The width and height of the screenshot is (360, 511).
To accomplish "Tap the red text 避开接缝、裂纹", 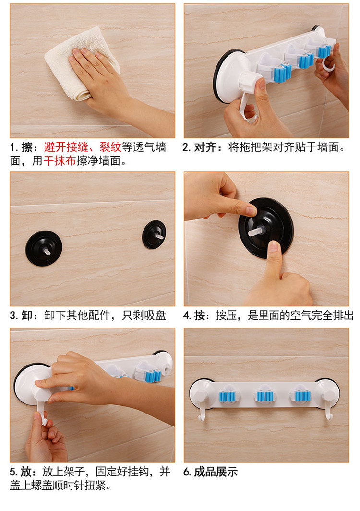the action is click(83, 147).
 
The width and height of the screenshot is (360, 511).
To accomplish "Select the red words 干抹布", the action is click(60, 161).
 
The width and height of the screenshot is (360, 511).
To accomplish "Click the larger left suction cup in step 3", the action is click(44, 248).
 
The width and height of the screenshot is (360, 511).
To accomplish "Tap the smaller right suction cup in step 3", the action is click(154, 235).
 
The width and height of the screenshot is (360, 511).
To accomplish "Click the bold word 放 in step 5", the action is click(26, 472).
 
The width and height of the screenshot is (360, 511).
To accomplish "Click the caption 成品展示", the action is click(216, 472).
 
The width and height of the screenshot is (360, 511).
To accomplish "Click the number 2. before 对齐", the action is click(187, 147).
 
